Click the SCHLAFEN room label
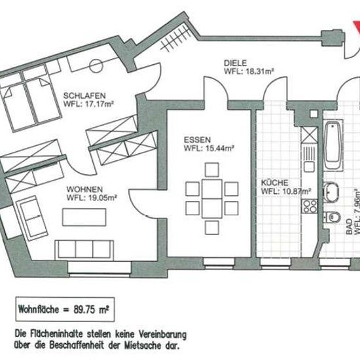[84, 96]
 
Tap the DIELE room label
[236, 63]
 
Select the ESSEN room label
[197, 140]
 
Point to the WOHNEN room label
[84, 189]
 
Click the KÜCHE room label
[275, 183]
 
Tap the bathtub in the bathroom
[333, 145]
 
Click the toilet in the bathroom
[333, 217]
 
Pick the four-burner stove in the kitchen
[310, 206]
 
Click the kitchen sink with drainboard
[309, 159]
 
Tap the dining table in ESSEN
[212, 199]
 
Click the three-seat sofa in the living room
[84, 250]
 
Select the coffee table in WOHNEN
[84, 217]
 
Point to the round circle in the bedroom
[96, 66]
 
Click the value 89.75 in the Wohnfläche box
[84, 310]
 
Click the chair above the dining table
[212, 170]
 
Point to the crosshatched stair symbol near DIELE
[175, 39]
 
